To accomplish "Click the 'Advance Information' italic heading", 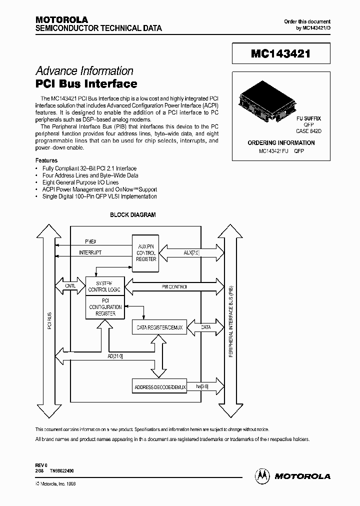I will click(84, 71).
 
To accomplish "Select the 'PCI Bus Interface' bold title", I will click(86, 83).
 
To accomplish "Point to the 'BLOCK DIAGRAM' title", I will click(132, 215).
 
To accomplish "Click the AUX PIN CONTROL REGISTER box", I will click(146, 252).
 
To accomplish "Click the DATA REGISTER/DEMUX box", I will click(160, 328).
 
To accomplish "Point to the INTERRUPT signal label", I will click(90, 253).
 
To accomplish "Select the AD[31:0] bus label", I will click(115, 356).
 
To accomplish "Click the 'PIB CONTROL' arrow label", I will click(174, 287).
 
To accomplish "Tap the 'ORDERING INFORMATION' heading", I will click(281, 143).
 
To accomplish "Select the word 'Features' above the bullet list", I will click(46, 160).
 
